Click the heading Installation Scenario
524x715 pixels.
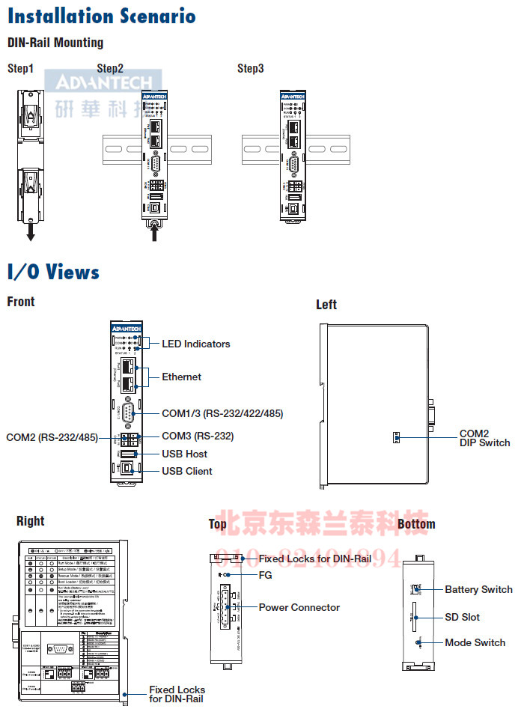point(102,16)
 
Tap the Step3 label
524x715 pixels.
point(250,69)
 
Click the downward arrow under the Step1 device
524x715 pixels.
point(31,234)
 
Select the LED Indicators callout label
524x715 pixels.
point(196,344)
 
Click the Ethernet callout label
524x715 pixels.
point(182,377)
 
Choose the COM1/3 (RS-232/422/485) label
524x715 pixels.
point(222,413)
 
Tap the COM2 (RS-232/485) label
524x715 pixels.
point(52,437)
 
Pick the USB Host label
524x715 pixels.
point(185,454)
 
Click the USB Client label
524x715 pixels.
point(187,471)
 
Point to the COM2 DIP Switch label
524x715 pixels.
point(484,438)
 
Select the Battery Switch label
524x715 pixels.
point(478,590)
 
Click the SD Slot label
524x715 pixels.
point(462,617)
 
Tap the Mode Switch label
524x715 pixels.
point(475,642)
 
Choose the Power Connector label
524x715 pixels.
point(299,607)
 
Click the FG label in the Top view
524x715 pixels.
point(265,575)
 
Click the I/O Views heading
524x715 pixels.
point(53,271)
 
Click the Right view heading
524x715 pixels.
point(30,521)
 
